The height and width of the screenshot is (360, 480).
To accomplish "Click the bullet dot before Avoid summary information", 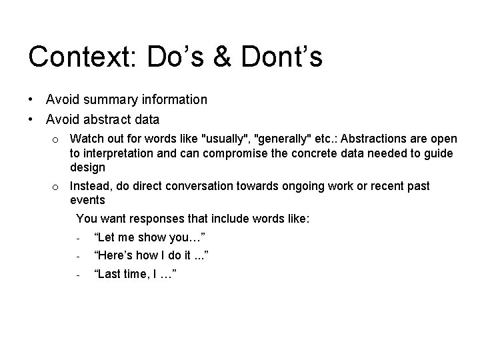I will [x=31, y=100].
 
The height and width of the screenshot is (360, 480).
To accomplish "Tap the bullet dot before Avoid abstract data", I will [x=31, y=120].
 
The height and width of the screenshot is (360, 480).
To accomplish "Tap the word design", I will [x=87, y=167].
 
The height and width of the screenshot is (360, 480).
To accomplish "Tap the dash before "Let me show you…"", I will [x=79, y=238].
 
